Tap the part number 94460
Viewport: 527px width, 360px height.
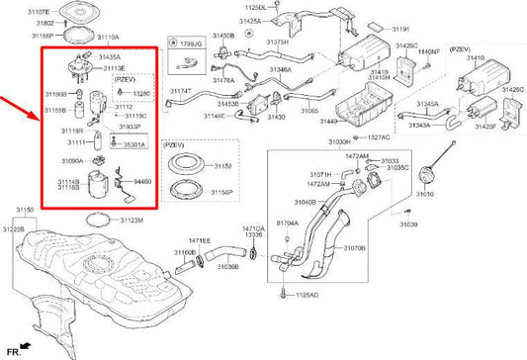pyautogui.click(x=142, y=182)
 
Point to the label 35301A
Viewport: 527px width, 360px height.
pyautogui.click(x=134, y=144)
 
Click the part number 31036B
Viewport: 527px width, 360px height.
pyautogui.click(x=227, y=266)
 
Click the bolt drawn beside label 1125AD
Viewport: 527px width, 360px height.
pyautogui.click(x=283, y=292)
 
